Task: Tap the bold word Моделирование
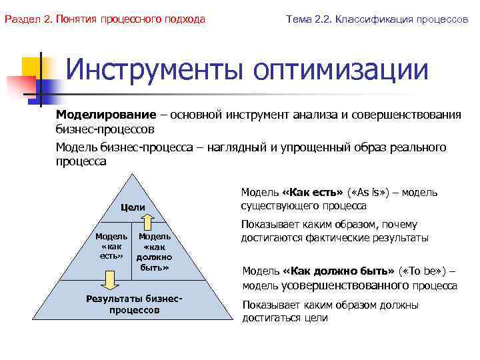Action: coord(106,115)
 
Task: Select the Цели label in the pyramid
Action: coord(132,207)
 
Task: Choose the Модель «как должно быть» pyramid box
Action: coord(154,252)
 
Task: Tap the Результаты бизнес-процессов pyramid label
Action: coord(134,304)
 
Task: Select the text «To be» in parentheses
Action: coord(424,272)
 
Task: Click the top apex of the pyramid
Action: coord(132,175)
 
